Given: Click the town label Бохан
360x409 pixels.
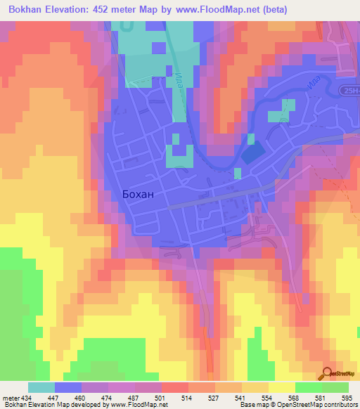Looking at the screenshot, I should [142, 197].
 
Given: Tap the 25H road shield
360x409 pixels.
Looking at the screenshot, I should [350, 93].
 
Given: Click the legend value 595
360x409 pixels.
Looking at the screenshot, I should [347, 398].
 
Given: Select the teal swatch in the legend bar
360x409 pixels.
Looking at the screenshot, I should [41, 387].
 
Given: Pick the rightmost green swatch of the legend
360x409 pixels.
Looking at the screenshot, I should [335, 387].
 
